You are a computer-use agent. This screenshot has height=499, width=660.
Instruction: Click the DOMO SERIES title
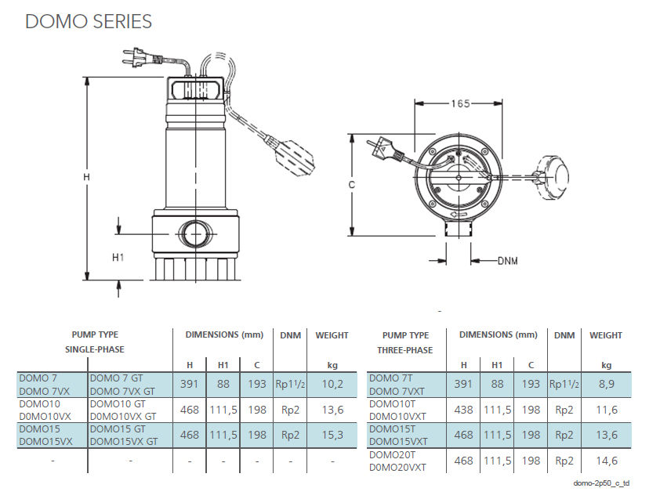click(x=89, y=21)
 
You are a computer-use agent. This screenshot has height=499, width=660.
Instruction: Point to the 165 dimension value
click(x=460, y=103)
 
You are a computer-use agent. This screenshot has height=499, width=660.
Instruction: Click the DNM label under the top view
click(x=507, y=261)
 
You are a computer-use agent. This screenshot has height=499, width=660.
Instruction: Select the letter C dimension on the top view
click(x=352, y=185)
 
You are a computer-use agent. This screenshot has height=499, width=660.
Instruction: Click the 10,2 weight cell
click(x=332, y=385)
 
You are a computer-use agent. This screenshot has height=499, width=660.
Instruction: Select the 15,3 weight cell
click(x=332, y=435)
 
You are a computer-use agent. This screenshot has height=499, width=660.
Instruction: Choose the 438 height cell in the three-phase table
click(x=463, y=410)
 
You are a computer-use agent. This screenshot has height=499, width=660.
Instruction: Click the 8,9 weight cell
click(x=606, y=385)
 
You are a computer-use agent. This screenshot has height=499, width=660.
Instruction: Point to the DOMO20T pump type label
click(x=393, y=454)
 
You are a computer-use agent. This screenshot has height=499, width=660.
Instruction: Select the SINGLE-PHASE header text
click(x=94, y=349)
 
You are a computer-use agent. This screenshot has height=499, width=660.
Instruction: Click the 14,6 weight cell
click(x=606, y=461)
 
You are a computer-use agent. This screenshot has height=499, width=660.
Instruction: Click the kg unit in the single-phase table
click(x=332, y=365)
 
